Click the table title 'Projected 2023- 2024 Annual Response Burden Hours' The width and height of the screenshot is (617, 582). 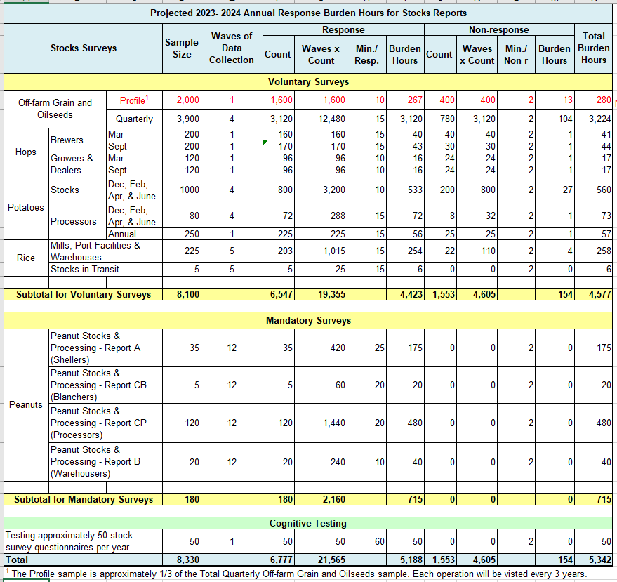tap(308, 13)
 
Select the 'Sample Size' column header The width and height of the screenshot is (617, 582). tap(182, 48)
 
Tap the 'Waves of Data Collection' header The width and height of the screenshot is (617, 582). tap(232, 48)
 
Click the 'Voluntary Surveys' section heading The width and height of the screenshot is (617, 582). tap(308, 81)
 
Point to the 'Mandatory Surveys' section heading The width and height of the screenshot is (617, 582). tap(308, 320)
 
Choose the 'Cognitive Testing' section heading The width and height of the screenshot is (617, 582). tap(308, 523)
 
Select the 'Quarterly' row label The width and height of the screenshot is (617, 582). tap(134, 119)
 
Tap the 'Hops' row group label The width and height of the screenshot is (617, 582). tap(26, 152)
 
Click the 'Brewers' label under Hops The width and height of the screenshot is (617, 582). tap(67, 140)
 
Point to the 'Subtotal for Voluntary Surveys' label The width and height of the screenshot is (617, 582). tap(84, 294)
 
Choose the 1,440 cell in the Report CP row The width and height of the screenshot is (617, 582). tap(329, 423)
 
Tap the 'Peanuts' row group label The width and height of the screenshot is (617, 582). tap(26, 404)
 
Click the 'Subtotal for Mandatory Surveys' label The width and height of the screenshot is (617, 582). tap(84, 499)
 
